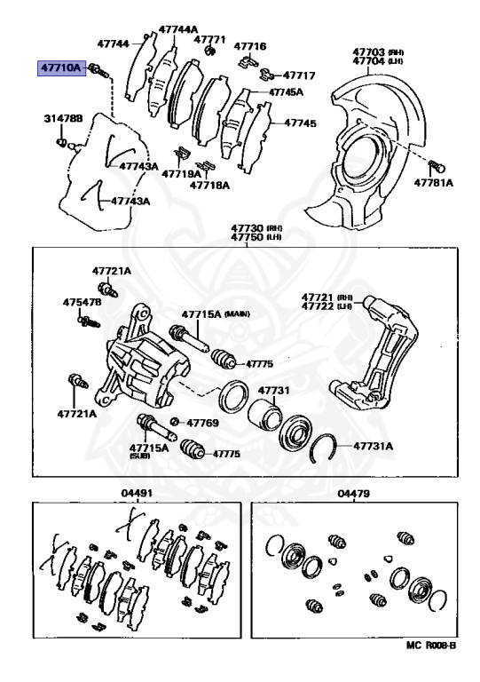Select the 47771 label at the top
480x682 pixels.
tap(210, 40)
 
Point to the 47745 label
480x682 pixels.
tap(299, 123)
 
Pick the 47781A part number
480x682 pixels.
tap(433, 182)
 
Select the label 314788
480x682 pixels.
tap(63, 118)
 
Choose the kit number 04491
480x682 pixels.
tap(138, 494)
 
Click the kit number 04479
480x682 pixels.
tap(353, 494)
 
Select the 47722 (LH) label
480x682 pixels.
tap(327, 306)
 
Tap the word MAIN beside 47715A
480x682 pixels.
tap(237, 314)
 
